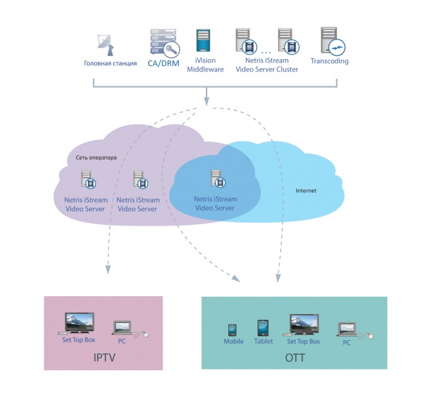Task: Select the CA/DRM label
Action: pyautogui.click(x=162, y=63)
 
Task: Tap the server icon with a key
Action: pyautogui.click(x=162, y=42)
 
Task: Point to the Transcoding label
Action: pyautogui.click(x=330, y=61)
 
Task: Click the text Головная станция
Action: pyautogui.click(x=111, y=63)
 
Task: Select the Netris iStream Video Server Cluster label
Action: pyautogui.click(x=267, y=65)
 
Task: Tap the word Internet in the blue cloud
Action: pyautogui.click(x=306, y=191)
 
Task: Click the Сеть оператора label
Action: pyautogui.click(x=97, y=158)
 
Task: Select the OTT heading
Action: pyautogui.click(x=296, y=357)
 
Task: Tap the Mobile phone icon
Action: pyautogui.click(x=232, y=330)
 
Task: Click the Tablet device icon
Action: pyautogui.click(x=263, y=328)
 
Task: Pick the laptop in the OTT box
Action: pyautogui.click(x=348, y=328)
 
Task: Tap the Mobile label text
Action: pyautogui.click(x=234, y=342)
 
